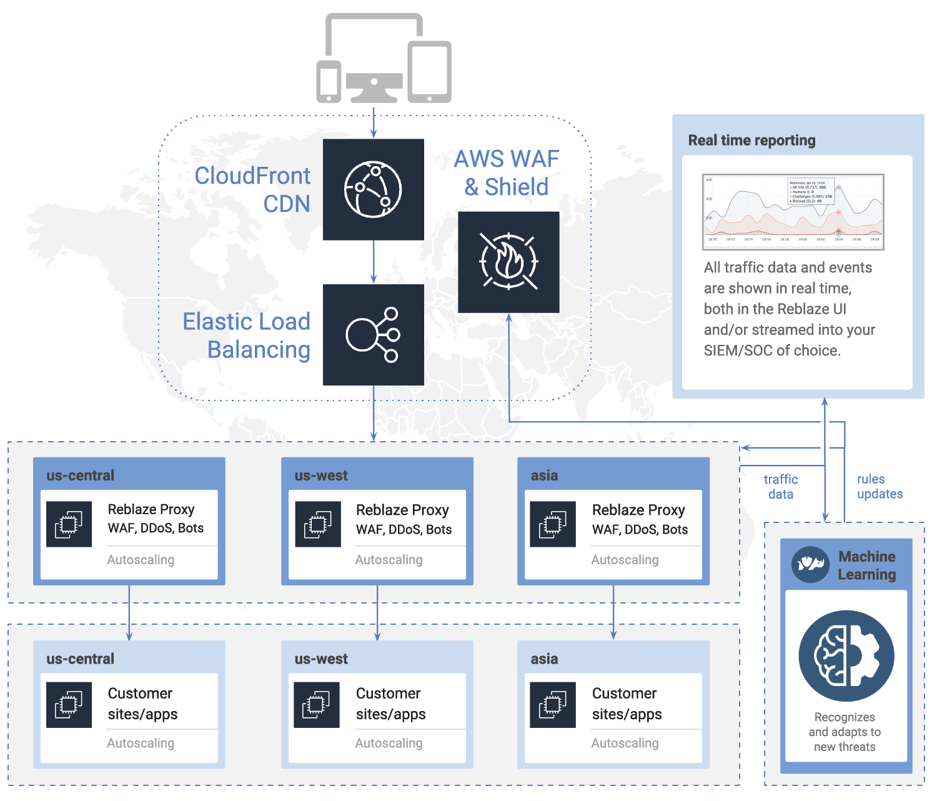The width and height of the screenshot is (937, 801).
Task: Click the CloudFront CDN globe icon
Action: tap(373, 189)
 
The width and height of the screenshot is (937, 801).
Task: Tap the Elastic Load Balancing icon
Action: tap(373, 335)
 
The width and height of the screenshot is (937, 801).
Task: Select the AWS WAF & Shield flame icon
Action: tap(508, 262)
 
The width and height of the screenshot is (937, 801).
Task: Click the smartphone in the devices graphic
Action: tap(329, 81)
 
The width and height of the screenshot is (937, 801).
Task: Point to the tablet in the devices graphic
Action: tap(430, 72)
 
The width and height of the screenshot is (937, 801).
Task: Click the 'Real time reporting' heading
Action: tap(751, 141)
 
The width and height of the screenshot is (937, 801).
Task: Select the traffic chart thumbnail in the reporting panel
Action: tap(793, 212)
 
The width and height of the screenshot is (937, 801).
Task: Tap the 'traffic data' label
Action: tap(781, 487)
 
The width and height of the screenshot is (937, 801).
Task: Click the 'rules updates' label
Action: tap(880, 487)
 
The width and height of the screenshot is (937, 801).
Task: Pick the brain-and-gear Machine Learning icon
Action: tap(846, 656)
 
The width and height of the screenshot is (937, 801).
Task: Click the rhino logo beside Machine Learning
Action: tap(810, 565)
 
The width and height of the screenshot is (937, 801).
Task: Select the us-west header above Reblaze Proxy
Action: tap(321, 475)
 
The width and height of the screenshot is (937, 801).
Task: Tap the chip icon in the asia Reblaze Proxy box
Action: tap(553, 524)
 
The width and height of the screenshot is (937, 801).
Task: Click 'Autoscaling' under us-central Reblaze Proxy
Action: tap(141, 560)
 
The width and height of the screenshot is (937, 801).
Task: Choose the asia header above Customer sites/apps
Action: tap(544, 659)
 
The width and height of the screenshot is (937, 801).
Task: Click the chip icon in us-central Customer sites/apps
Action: tap(69, 705)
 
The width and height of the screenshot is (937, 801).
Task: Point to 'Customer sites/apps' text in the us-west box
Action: tap(390, 704)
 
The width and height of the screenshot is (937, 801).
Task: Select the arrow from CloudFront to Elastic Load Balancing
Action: tap(374, 262)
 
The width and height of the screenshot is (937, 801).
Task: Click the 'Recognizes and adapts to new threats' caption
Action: tap(845, 732)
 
